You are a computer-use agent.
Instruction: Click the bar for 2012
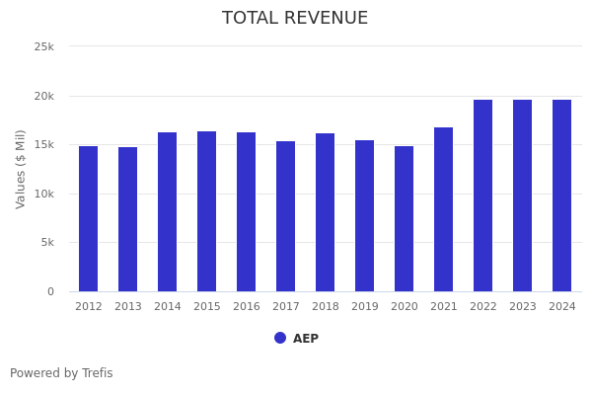point(89,219)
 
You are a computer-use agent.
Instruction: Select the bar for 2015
point(207,211)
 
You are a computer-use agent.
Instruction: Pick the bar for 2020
point(405,219)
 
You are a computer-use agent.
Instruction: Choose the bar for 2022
point(483,196)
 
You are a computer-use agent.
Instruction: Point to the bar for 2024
point(562,196)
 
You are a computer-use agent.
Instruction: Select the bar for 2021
point(444,209)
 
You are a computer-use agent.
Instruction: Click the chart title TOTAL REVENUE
point(295,19)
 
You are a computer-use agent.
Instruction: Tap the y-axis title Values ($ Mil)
point(21,169)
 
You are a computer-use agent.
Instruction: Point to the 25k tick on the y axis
point(43,46)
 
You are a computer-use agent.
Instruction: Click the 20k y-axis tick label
point(43,96)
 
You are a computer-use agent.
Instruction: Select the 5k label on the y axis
point(46,243)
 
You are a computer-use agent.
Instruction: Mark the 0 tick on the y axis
point(50,291)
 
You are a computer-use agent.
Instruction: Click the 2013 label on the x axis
point(128,307)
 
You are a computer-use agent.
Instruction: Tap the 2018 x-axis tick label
point(326,307)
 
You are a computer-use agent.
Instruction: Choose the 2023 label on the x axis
point(523,307)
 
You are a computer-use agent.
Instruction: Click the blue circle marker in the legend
point(280,338)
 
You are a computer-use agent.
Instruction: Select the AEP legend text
point(306,339)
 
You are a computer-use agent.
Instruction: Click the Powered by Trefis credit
point(61,373)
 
